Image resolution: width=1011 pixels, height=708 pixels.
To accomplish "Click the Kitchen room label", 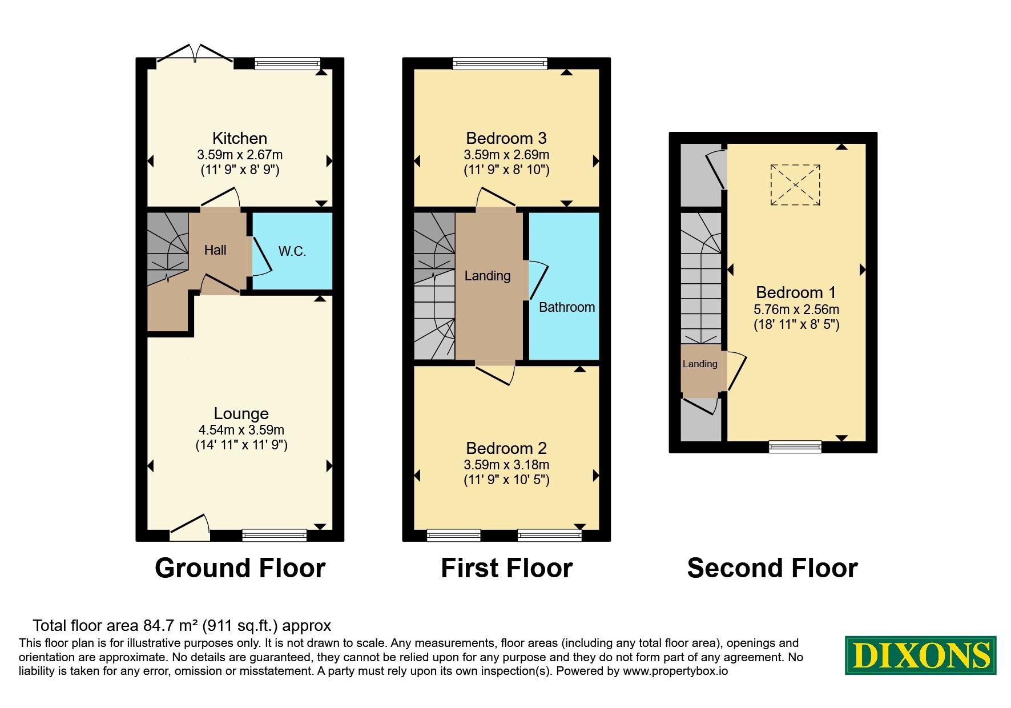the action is pyautogui.click(x=240, y=138).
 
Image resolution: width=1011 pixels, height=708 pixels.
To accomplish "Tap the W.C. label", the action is pyautogui.click(x=292, y=251).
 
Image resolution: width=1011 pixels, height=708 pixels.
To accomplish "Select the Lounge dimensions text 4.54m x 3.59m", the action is pyautogui.click(x=241, y=430).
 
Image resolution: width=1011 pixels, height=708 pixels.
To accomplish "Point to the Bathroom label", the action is pyautogui.click(x=567, y=307).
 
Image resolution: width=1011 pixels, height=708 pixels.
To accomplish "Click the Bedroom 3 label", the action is pyautogui.click(x=506, y=138).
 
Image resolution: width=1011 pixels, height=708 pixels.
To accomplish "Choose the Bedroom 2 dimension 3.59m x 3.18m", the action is pyautogui.click(x=506, y=465).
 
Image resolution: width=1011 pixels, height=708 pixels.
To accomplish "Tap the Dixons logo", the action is pyautogui.click(x=921, y=655).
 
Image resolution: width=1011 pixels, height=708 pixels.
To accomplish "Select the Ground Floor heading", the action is pyautogui.click(x=240, y=568).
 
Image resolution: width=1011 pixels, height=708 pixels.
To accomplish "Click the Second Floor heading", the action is pyautogui.click(x=772, y=568).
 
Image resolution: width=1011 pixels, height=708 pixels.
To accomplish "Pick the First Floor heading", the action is pyautogui.click(x=507, y=568).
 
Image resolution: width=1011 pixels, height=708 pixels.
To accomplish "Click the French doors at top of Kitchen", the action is pyautogui.click(x=195, y=53).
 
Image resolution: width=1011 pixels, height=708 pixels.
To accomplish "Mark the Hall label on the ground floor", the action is pyautogui.click(x=215, y=250).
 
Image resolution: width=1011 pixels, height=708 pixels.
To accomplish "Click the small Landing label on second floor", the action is pyautogui.click(x=700, y=364).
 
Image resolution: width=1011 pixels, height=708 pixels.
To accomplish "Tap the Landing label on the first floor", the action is pyautogui.click(x=488, y=276).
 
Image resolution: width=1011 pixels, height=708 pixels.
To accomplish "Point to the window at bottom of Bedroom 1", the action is pyautogui.click(x=795, y=446).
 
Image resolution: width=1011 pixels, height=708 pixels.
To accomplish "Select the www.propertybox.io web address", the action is pyautogui.click(x=675, y=671).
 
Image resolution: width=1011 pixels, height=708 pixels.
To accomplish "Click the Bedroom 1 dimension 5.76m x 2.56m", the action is pyautogui.click(x=796, y=309).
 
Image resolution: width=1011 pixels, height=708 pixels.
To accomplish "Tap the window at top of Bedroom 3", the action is pyautogui.click(x=500, y=63).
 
